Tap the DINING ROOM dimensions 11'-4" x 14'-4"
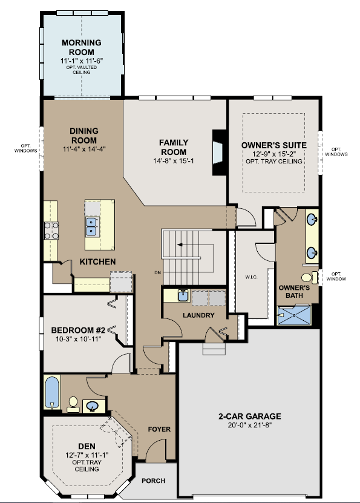tap(84, 149)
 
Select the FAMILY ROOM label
tap(174, 147)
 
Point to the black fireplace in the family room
tap(219, 153)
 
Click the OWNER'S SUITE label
tap(273, 145)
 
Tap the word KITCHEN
tap(97, 261)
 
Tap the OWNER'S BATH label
tap(295, 292)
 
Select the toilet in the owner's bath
tap(308, 278)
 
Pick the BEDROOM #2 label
tap(78, 330)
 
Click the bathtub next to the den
tap(53, 392)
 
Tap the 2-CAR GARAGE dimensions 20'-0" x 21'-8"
tap(250, 426)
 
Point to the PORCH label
tap(153, 481)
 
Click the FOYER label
tap(160, 429)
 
